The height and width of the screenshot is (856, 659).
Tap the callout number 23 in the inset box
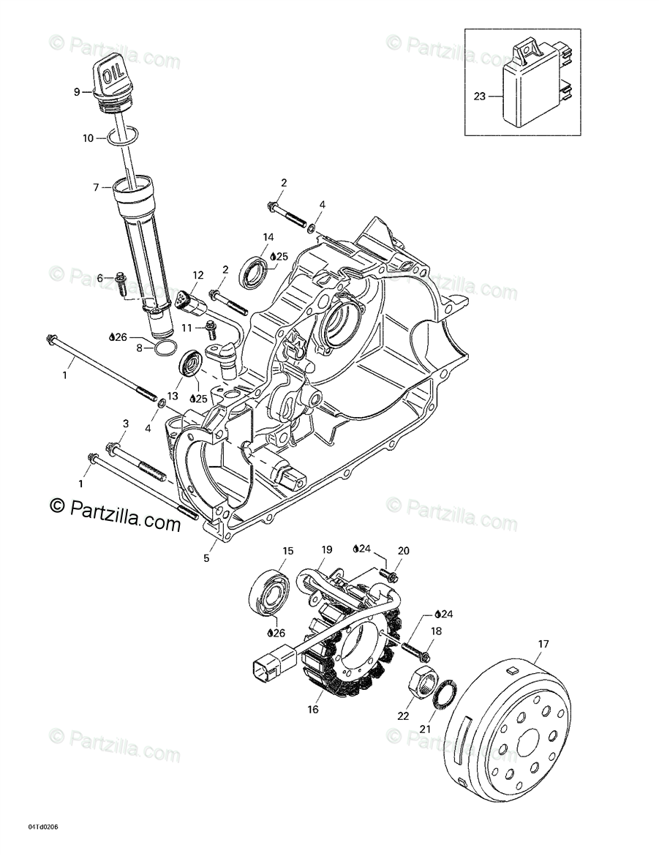[x=479, y=95]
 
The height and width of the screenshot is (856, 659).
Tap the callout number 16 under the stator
[x=314, y=709]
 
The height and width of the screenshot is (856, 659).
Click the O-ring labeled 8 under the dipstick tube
[x=165, y=348]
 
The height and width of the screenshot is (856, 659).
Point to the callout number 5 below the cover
[x=206, y=558]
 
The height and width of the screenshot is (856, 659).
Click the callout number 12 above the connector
[x=197, y=274]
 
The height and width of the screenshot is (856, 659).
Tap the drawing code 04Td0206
[x=43, y=827]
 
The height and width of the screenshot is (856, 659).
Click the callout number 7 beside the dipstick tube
[x=95, y=188]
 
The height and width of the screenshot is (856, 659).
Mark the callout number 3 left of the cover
[x=125, y=424]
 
